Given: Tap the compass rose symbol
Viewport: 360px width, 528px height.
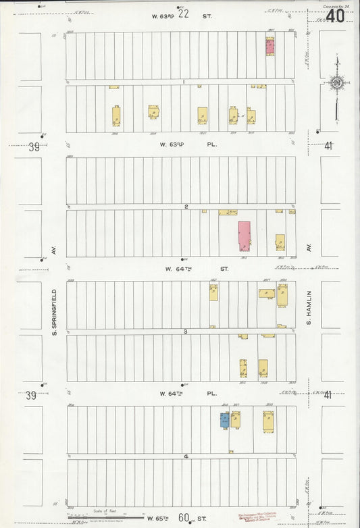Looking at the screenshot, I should pos(336,84).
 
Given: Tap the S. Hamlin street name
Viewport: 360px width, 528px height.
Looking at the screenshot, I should pos(308,307).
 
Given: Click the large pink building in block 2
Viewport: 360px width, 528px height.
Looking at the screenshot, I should pos(244,236).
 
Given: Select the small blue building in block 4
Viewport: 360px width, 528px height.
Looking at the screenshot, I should pos(224,420).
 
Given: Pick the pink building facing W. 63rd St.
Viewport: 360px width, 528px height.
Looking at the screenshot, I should pos(270,46).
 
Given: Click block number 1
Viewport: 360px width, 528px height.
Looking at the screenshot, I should pos(183,82).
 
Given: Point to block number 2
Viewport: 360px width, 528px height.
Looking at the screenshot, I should pos(186,207).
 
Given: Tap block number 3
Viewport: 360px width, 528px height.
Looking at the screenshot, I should pos(185,332).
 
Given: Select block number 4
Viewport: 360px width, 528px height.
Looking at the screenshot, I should pos(186,456).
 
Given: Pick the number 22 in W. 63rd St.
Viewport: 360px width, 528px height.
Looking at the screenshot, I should pos(182,14).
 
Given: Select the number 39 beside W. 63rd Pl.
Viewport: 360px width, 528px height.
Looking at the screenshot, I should pos(31,147).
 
